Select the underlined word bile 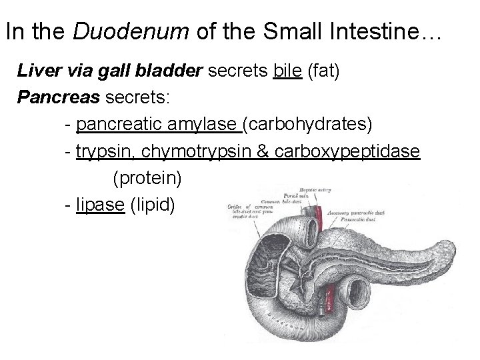coord(288,72)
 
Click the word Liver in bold coord(38,72)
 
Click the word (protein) coord(147,178)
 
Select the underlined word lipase coord(100,205)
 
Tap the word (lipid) coord(153,205)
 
